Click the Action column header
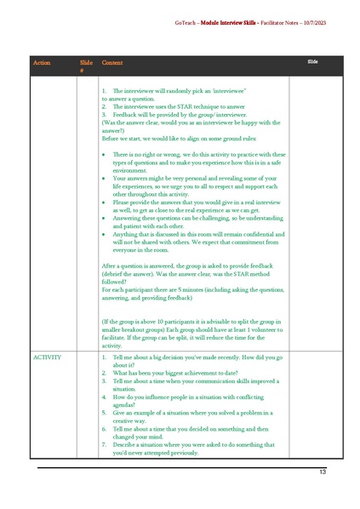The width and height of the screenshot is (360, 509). coord(42,63)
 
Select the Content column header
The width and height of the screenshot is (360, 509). coord(111,63)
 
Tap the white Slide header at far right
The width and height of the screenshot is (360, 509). coord(312,62)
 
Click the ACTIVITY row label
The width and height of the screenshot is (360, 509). coord(48,357)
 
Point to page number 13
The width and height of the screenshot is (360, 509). coord(323,472)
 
